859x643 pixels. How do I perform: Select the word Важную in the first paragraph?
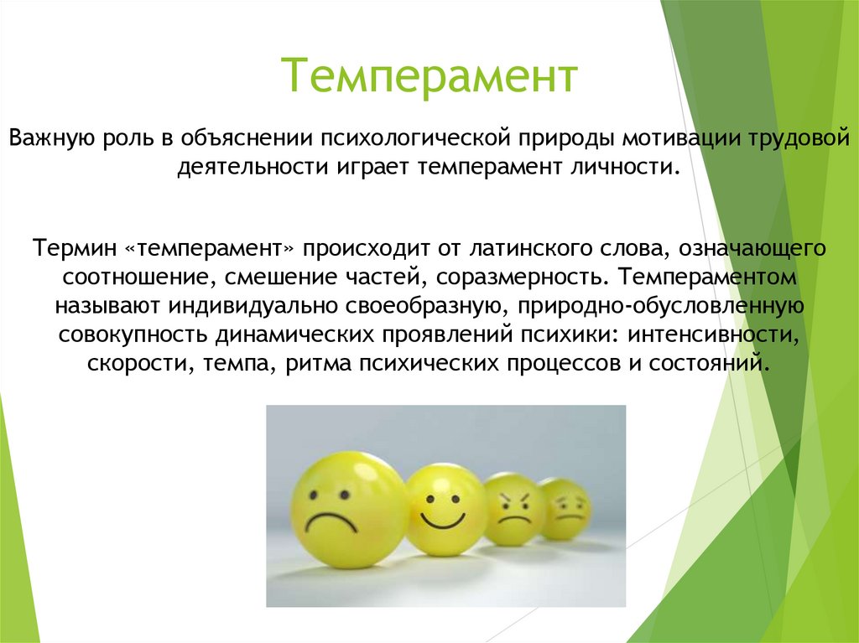pyautogui.click(x=53, y=137)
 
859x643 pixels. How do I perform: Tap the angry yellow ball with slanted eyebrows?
pyautogui.click(x=513, y=509)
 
